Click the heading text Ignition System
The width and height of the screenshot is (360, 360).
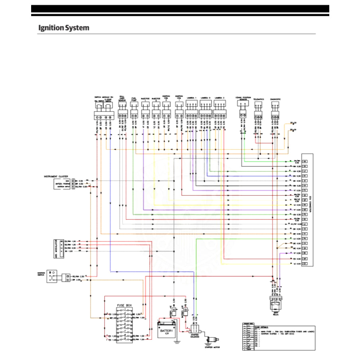point(64,28)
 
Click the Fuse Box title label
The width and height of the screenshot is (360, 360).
point(124,305)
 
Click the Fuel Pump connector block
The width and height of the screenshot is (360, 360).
point(134,115)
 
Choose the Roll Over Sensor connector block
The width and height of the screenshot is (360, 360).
point(123,115)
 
